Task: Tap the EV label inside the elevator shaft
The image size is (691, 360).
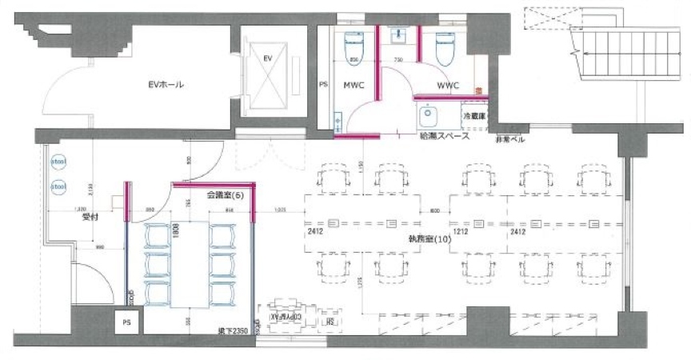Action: point(269,58)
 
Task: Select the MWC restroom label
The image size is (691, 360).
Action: point(354,84)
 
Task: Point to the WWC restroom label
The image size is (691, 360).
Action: point(447,84)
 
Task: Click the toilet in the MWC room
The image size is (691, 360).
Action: point(353,48)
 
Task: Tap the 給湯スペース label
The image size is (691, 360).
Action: point(444,136)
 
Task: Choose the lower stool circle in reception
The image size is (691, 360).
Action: point(58,187)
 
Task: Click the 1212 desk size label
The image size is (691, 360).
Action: point(461,232)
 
